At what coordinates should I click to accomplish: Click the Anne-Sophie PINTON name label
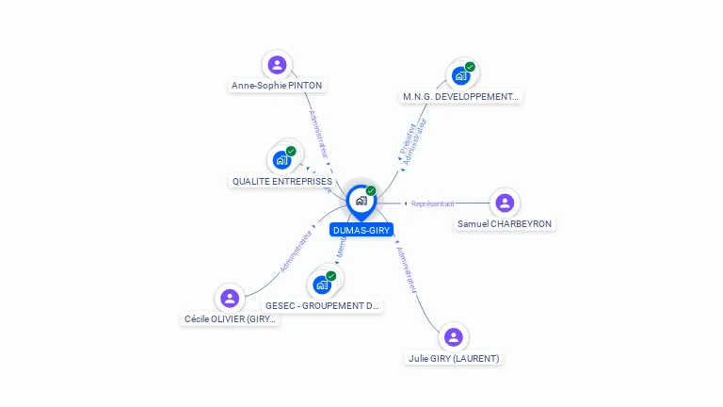coord(277,86)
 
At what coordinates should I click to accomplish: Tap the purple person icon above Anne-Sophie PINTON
coord(277,65)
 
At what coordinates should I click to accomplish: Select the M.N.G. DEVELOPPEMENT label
coord(460,96)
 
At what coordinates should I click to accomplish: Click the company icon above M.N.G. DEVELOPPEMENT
coord(461,75)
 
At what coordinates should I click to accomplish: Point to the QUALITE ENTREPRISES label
coord(282,181)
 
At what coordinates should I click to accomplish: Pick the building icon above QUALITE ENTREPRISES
coord(281,160)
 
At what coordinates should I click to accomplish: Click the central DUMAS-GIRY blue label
coord(361,230)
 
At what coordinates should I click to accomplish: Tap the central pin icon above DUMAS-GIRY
coord(361,201)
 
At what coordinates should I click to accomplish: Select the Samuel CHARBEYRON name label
coord(505,224)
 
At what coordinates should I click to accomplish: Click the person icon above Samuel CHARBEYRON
coord(505,203)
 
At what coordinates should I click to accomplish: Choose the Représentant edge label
coord(433,203)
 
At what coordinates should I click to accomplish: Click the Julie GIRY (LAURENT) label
coord(454,358)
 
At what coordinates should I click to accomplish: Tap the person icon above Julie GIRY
coord(454,337)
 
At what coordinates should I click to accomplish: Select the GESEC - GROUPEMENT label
coord(322,306)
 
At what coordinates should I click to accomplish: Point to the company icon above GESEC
coord(322,285)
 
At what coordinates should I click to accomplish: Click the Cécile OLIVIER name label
coord(231,319)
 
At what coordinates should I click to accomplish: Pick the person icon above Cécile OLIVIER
coord(230,299)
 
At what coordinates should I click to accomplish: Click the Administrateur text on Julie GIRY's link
coord(408,272)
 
